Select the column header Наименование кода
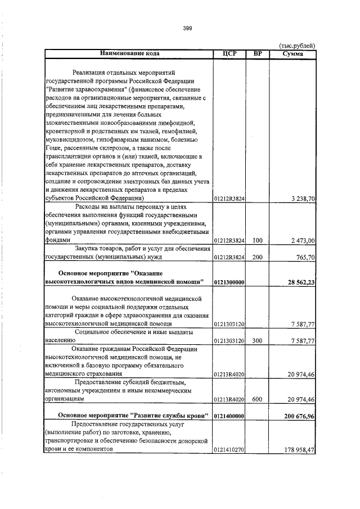point(129,53)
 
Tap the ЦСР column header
point(229,53)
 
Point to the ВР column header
point(258,53)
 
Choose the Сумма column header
point(293,53)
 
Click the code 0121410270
point(229,451)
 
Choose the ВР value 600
point(258,399)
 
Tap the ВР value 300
point(258,341)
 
